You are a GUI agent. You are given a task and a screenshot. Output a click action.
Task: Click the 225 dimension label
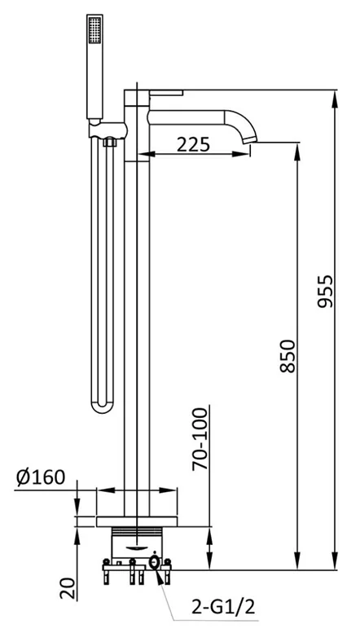(193, 143)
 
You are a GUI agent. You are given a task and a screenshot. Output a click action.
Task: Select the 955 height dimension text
(325, 291)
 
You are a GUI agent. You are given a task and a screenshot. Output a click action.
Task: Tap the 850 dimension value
(288, 356)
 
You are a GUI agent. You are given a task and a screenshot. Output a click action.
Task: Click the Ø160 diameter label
(41, 477)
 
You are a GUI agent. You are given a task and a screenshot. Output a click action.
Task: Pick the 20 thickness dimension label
(68, 588)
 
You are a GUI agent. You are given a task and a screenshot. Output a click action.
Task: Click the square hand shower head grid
(94, 29)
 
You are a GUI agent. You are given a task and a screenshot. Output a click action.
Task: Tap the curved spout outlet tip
(250, 139)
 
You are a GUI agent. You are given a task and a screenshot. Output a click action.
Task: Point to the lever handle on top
(166, 92)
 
